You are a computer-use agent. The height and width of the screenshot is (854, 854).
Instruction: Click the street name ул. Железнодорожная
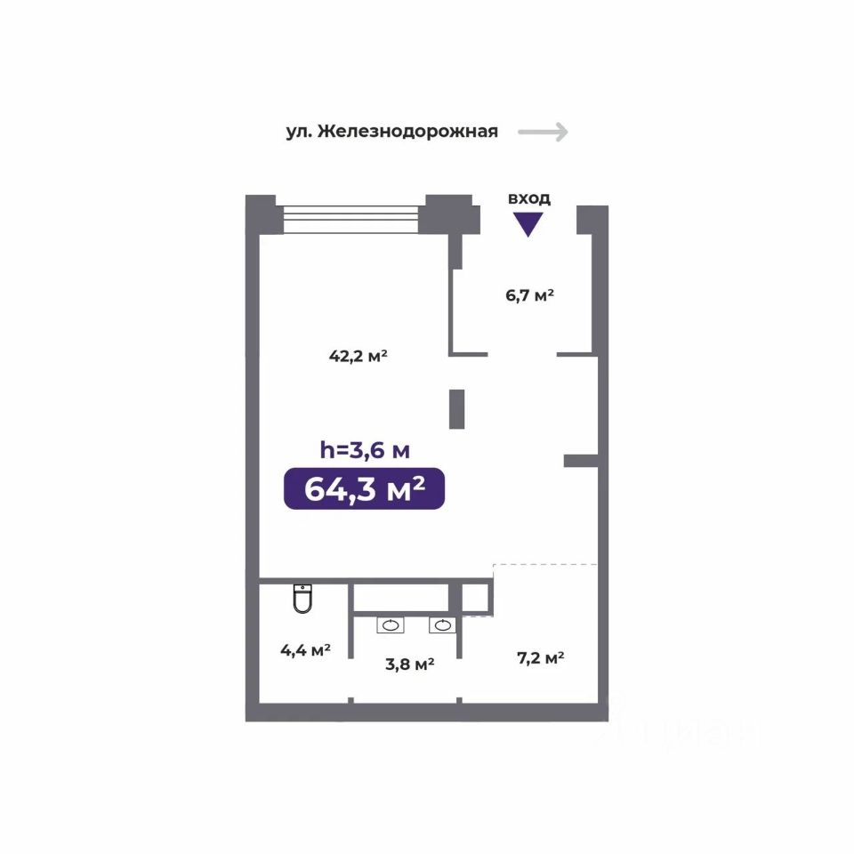(391, 132)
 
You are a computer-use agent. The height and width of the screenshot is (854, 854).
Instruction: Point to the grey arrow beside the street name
(543, 132)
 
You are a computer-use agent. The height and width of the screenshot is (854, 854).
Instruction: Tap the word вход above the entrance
(528, 198)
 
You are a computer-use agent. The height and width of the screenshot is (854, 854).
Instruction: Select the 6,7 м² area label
(529, 295)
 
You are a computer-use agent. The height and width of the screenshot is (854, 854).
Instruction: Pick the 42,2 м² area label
(358, 356)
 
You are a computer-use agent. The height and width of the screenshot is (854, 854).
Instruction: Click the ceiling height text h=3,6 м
(365, 450)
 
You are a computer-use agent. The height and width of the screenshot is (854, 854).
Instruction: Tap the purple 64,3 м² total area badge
(364, 488)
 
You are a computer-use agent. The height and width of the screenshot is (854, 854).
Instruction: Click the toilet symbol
(302, 598)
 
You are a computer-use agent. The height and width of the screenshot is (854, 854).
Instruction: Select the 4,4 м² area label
(305, 649)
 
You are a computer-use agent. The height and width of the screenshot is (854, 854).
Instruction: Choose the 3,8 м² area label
(409, 664)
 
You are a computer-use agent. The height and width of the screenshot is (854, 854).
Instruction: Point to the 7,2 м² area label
(540, 658)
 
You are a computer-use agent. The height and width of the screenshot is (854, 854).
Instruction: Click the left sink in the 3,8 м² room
(391, 625)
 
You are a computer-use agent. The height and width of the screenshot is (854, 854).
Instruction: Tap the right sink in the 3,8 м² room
(442, 625)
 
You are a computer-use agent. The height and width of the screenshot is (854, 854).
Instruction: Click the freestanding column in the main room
(457, 409)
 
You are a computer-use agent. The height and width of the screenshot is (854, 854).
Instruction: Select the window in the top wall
(350, 220)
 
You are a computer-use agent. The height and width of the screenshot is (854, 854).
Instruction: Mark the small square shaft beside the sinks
(475, 598)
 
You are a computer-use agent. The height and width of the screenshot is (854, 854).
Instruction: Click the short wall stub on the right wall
(581, 461)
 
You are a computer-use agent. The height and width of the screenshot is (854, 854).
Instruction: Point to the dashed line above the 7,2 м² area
(545, 565)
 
